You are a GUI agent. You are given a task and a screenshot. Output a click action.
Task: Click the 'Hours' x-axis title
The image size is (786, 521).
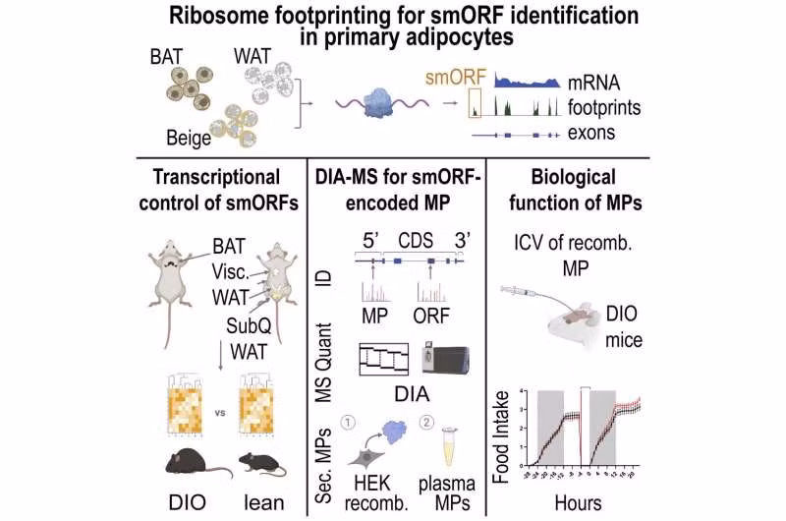click(585, 498)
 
